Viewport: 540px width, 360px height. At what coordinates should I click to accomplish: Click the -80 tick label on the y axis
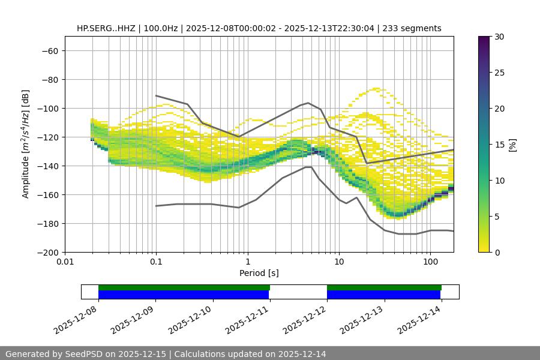pos(49,79)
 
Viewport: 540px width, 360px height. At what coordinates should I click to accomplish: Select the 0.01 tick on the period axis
pos(65,262)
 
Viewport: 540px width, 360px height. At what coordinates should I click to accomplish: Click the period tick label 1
pos(248,262)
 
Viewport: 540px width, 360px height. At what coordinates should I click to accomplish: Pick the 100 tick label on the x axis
pos(430,262)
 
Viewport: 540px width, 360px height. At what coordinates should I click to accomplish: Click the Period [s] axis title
pos(259,273)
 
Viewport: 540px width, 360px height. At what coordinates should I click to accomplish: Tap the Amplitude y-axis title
pos(25,144)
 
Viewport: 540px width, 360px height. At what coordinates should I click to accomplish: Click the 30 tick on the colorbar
pos(499,37)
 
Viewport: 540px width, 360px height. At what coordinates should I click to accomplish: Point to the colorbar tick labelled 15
pos(499,145)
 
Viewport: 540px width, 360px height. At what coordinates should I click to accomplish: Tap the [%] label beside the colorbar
pos(512,145)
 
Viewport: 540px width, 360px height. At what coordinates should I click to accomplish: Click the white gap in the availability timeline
pos(298,292)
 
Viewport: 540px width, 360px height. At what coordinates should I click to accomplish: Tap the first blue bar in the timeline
pos(184,295)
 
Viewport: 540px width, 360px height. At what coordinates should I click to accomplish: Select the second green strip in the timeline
pos(384,287)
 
